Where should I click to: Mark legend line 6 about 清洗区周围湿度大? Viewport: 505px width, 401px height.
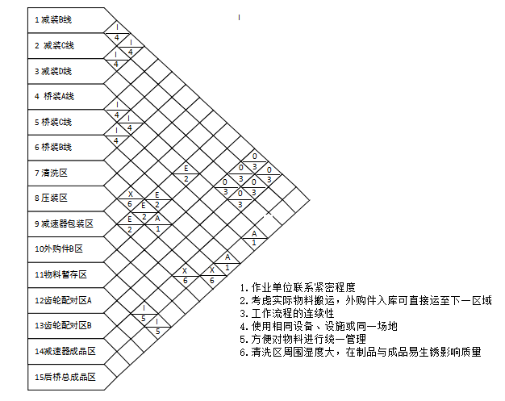[x=360, y=352]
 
